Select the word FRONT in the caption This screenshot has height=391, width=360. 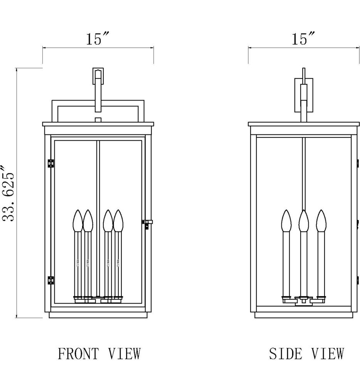click(79, 353)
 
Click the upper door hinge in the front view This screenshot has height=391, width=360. click(50, 163)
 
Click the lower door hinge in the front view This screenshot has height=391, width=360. click(50, 280)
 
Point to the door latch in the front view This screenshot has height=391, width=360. click(147, 224)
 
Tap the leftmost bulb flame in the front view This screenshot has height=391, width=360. click(78, 221)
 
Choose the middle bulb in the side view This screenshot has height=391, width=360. click(304, 221)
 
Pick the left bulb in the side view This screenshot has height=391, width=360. click(286, 221)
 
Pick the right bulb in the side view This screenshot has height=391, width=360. click(321, 221)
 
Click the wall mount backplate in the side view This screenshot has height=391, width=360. click(304, 95)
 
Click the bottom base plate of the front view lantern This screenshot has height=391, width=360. click(98, 315)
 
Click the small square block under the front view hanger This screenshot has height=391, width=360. click(98, 119)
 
